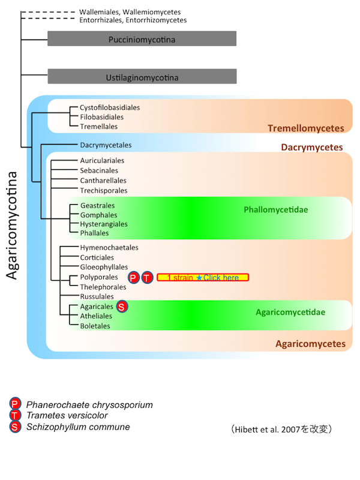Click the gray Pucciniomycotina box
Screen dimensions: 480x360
coord(142,39)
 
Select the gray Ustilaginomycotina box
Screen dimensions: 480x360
coord(142,77)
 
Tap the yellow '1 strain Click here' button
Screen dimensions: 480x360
coord(203,277)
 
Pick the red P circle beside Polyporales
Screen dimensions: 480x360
coord(134,277)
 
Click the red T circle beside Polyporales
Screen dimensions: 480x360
coord(147,277)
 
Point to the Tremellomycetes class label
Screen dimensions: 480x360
coord(305,128)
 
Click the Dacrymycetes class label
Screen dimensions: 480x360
coord(312,147)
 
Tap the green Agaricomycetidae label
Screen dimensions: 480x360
coord(290,313)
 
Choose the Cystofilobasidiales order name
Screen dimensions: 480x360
coord(110,107)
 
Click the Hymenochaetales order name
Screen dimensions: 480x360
coord(109,247)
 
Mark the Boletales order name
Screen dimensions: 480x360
coord(95,326)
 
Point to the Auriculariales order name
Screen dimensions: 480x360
coord(103,161)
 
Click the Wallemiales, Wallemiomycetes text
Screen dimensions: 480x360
coord(130,12)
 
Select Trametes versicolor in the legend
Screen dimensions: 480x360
coord(67,416)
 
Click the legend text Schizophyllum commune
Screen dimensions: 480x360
coord(78,427)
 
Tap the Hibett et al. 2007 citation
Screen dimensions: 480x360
coord(281,430)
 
